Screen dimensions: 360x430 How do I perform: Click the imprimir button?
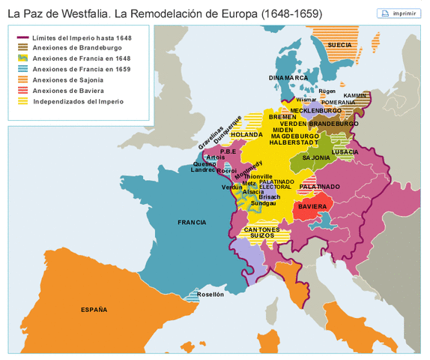pyautogui.click(x=399, y=13)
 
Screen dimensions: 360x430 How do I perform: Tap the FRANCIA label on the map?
pyautogui.click(x=192, y=223)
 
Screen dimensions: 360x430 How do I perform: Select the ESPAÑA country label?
pyautogui.click(x=94, y=309)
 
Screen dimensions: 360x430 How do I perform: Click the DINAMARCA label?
pyautogui.click(x=288, y=77)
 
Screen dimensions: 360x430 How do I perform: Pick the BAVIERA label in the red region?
pyautogui.click(x=312, y=206)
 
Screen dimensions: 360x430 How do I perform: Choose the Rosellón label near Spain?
pyautogui.click(x=211, y=295)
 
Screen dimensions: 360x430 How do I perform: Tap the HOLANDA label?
pyautogui.click(x=246, y=134)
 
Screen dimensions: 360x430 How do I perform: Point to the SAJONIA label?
pyautogui.click(x=316, y=157)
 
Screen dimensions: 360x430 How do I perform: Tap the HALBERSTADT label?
pyautogui.click(x=294, y=142)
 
